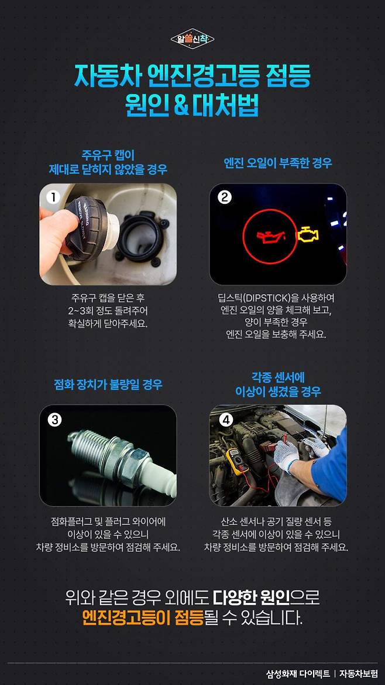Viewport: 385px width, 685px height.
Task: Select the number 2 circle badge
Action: pyautogui.click(x=224, y=198)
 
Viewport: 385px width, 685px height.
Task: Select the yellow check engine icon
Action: pyautogui.click(x=308, y=235)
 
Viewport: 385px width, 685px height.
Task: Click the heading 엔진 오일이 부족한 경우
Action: pyautogui.click(x=278, y=163)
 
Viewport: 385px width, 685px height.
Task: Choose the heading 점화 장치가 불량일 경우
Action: pyautogui.click(x=108, y=384)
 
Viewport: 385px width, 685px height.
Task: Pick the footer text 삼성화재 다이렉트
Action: pyautogui.click(x=298, y=673)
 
